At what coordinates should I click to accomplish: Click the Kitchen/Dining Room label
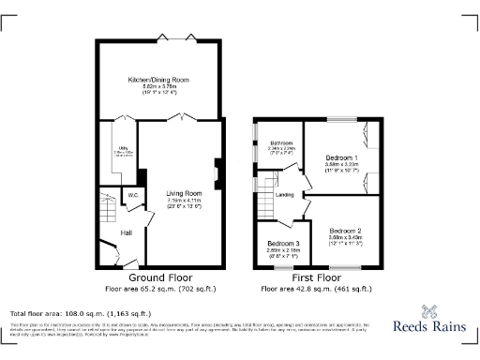(159, 81)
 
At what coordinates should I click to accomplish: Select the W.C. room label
(134, 196)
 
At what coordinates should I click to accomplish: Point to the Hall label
(126, 232)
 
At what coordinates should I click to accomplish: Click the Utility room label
(110, 146)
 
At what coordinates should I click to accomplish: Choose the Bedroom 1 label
(343, 157)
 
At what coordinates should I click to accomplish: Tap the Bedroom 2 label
(345, 230)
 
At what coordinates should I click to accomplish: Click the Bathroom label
(281, 141)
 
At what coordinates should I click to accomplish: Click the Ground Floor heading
(160, 278)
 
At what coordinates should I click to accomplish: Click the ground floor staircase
(103, 206)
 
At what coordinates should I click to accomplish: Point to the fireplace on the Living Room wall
(218, 173)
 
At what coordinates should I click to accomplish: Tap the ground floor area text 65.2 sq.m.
(160, 288)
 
